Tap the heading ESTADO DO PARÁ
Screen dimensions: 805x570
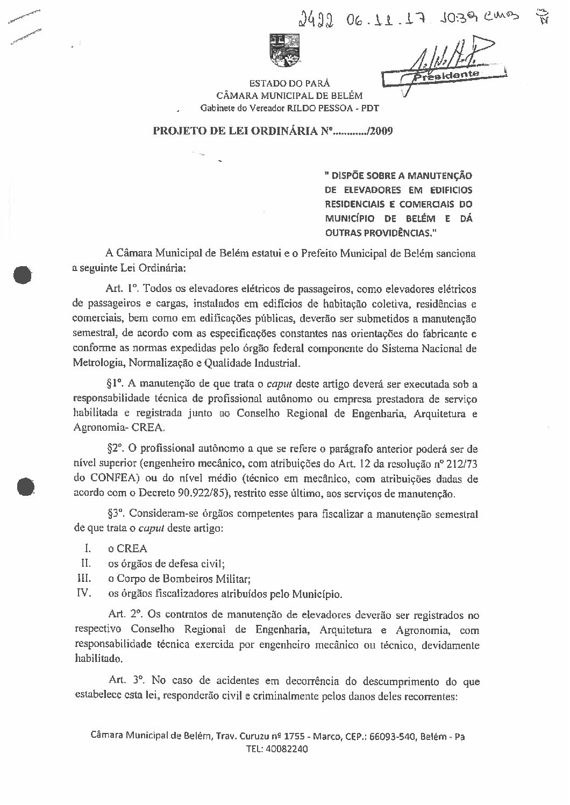(289, 83)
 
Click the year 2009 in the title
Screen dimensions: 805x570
(382, 132)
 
